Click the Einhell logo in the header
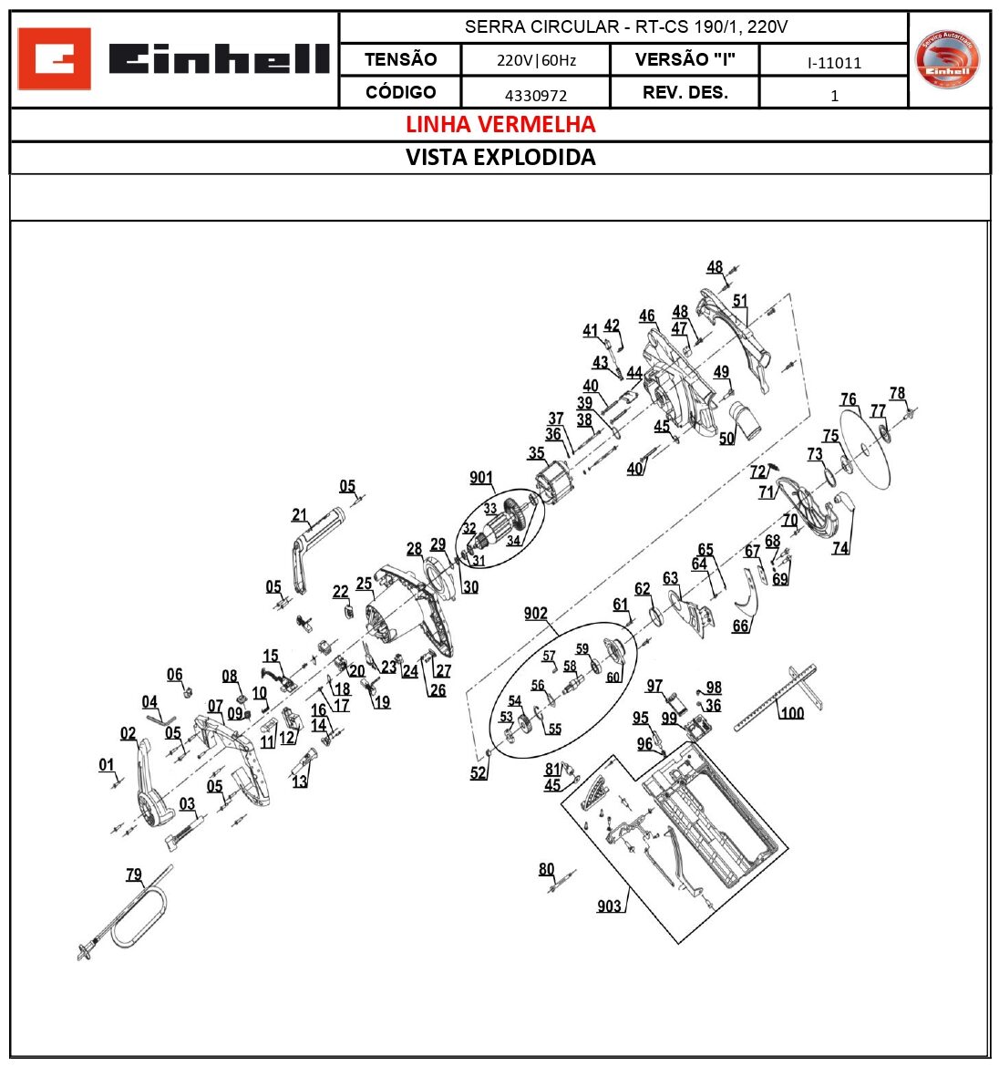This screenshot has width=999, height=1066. point(173,59)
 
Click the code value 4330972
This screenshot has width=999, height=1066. point(536,95)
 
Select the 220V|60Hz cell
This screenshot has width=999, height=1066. point(536,61)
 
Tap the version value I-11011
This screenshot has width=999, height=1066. point(833,63)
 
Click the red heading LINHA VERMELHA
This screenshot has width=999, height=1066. point(500,124)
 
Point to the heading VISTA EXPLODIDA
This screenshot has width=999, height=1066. point(500,157)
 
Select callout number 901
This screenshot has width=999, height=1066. point(481,478)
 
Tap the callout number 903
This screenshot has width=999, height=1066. point(609,906)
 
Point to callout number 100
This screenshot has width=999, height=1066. point(792,712)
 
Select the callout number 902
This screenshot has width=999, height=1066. point(536,614)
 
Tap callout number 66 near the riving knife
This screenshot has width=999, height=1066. point(741,626)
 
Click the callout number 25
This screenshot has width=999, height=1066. point(364,584)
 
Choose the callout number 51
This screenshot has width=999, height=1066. point(740,300)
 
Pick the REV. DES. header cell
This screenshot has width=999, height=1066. point(685,93)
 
